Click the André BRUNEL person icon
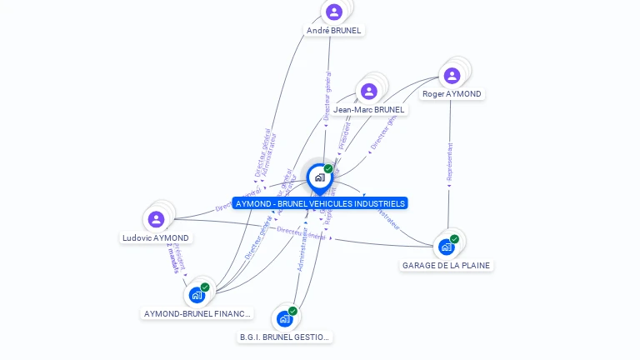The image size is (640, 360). tap(334, 12)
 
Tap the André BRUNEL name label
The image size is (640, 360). tap(335, 30)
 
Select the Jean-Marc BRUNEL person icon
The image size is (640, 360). tap(368, 91)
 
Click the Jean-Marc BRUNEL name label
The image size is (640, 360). tap(369, 109)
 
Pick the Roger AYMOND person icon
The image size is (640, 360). tap(452, 76)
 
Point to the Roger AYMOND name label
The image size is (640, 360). tap(452, 94)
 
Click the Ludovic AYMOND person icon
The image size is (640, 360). tap(156, 219)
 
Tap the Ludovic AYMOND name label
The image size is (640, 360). tap(156, 237)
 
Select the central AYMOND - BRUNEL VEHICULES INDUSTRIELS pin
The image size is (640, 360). tap(319, 177)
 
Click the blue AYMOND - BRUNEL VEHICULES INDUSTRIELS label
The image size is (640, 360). tap(320, 203)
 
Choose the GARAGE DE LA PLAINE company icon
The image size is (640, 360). tap(447, 247)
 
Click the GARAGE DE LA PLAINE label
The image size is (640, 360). tap(447, 265)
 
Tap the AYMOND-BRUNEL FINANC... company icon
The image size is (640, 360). tap(197, 295)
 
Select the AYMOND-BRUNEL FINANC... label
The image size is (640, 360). tap(197, 314)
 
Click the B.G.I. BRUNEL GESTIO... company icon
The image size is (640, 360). tap(285, 318)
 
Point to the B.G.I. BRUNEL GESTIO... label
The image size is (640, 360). tap(285, 337)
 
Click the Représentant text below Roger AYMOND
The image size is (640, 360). tap(450, 162)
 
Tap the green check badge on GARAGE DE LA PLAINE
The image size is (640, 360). tap(454, 239)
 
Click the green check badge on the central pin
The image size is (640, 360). tap(328, 169)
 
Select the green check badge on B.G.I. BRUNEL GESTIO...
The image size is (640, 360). tap(292, 311)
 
